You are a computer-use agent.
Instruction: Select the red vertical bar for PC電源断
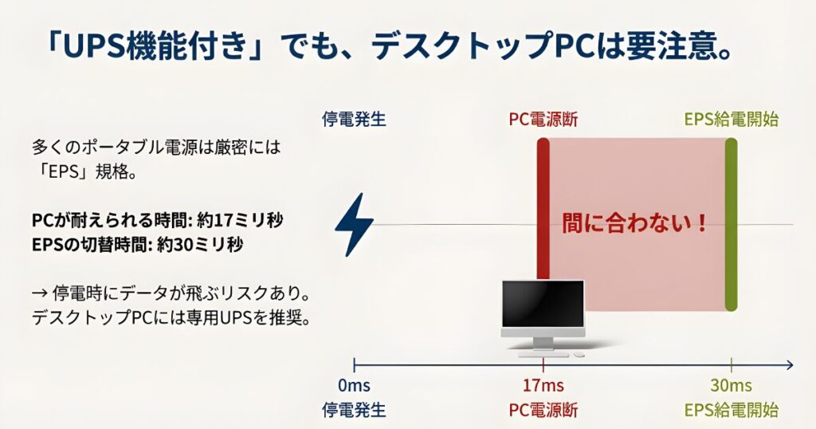point(543,207)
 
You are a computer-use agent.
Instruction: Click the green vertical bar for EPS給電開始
point(731,224)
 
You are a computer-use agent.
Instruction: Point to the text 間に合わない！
point(635,222)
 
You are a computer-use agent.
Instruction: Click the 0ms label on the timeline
point(353,386)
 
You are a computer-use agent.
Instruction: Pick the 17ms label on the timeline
point(543,386)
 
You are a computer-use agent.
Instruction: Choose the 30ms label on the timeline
point(731,386)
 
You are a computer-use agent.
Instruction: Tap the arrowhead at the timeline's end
point(789,365)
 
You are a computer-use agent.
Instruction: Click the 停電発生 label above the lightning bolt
point(354,120)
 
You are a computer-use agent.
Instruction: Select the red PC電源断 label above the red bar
point(543,120)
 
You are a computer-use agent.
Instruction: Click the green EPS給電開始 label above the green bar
point(731,120)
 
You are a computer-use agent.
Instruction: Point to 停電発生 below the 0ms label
point(354,411)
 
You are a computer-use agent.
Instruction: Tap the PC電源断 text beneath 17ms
point(543,411)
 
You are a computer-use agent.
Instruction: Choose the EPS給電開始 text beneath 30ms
point(731,411)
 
